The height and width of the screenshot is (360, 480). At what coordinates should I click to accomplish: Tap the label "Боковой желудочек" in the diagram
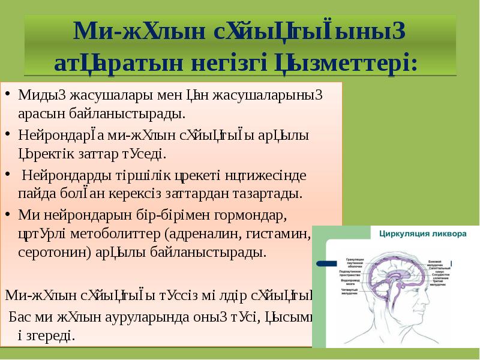tap(442, 263)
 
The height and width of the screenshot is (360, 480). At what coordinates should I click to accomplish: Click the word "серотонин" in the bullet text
tap(53, 251)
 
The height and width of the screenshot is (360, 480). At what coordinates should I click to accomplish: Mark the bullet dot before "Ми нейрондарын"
tap(8, 213)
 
